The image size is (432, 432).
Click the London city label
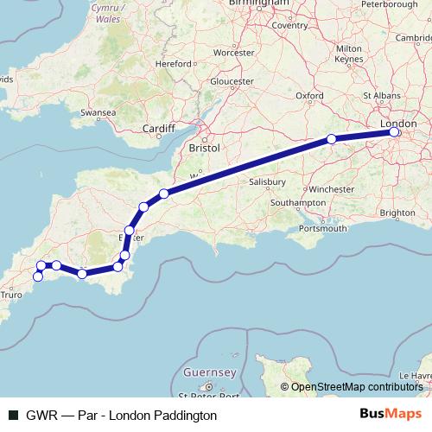[399, 124]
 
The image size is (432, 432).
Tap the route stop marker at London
[394, 132]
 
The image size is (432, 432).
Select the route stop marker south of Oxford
[332, 139]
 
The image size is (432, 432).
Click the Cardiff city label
[158, 130]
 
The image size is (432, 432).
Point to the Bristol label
[205, 149]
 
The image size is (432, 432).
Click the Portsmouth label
[322, 228]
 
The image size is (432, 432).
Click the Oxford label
[309, 96]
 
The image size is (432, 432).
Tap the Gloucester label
[230, 81]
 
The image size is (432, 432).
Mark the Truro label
[11, 295]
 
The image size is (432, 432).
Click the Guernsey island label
[210, 372]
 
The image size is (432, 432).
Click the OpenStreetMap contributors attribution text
[355, 386]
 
